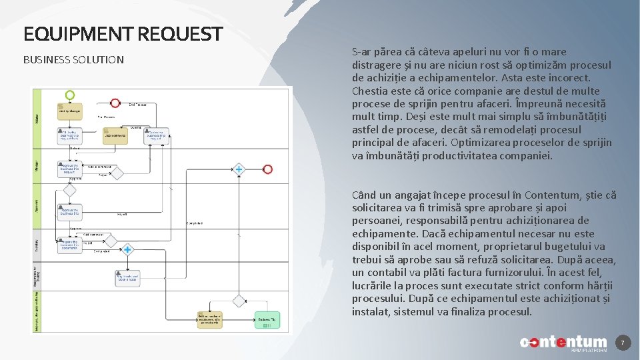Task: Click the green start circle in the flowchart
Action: pyautogui.click(x=70, y=95)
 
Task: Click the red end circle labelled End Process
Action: pyautogui.click(x=115, y=103)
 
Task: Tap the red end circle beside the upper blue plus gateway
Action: pyautogui.click(x=267, y=169)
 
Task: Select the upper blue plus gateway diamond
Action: pyautogui.click(x=239, y=169)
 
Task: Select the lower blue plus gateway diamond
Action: pyautogui.click(x=127, y=250)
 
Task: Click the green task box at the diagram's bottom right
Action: pyautogui.click(x=265, y=320)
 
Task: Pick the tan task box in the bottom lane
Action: pyautogui.click(x=209, y=319)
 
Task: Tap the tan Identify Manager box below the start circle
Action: pyautogui.click(x=70, y=111)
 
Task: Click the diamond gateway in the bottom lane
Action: pyautogui.click(x=239, y=301)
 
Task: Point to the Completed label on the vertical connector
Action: pyautogui.click(x=195, y=223)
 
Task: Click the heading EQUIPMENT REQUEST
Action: pyautogui.click(x=123, y=34)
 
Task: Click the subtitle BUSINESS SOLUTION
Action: pyautogui.click(x=73, y=60)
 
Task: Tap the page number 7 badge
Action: pyautogui.click(x=622, y=343)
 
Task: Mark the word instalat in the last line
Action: pyautogui.click(x=370, y=311)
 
